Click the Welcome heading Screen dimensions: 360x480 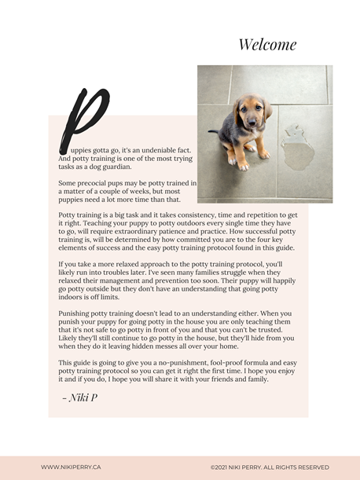click(267, 45)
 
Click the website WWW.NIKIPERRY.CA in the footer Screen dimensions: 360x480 click(71, 467)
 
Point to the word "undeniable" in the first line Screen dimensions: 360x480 click(157, 149)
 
